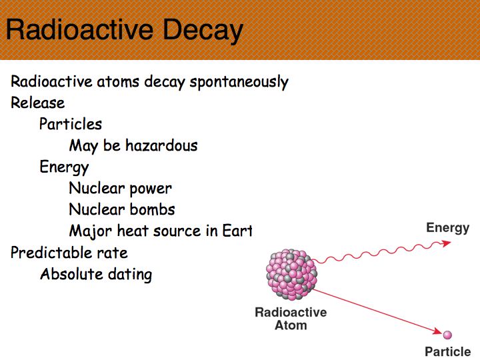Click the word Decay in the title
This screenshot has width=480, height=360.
pos(203,30)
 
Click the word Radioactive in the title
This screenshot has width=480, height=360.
pos(79,29)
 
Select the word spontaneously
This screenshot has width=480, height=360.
pos(239,82)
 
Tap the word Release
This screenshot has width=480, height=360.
pos(37,103)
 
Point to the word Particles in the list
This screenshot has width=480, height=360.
pos(71,124)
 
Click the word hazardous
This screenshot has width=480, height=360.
pos(161,145)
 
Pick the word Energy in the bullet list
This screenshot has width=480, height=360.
pos(64,167)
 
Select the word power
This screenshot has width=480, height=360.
pos(151,189)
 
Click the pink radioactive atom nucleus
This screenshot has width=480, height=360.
pos(291,274)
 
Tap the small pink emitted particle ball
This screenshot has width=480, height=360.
pos(447,335)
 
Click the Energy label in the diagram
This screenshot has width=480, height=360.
pos(447,229)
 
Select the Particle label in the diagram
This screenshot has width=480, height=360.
pos(447,351)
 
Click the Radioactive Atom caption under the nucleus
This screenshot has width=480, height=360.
pos(291,319)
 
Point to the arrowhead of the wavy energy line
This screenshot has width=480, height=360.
pos(446,243)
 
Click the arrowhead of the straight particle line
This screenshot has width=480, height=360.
pos(437,331)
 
